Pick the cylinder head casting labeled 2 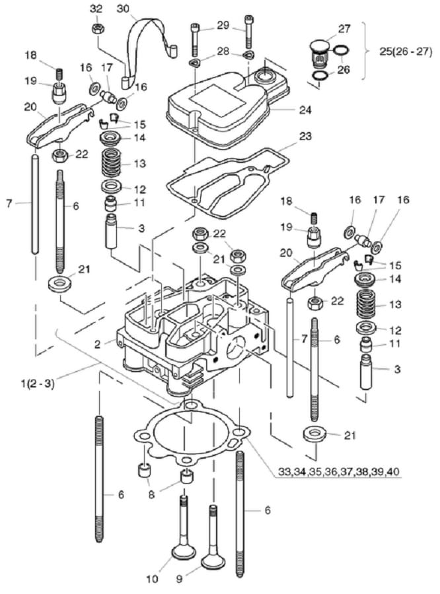click(x=192, y=330)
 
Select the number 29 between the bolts click(x=223, y=25)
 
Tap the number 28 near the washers click(x=223, y=51)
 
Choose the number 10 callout click(x=153, y=579)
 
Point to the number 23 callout click(x=305, y=137)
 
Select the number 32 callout click(x=96, y=9)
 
